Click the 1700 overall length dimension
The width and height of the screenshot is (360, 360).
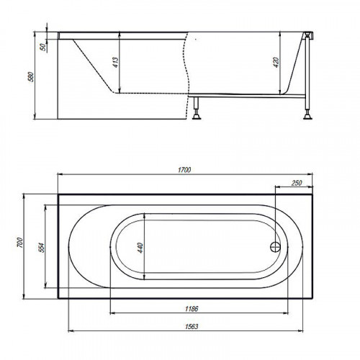coord(184,170)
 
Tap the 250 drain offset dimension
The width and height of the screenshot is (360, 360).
coord(297,183)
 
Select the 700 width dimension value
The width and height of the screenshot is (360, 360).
coord(19,243)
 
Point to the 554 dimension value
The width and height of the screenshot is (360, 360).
coord(42,248)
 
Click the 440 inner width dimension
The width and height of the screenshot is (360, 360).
coord(140,248)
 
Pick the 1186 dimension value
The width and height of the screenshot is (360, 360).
coord(192,309)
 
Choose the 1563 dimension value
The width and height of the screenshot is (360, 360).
coord(192,327)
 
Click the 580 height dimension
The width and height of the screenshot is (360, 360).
coord(32,77)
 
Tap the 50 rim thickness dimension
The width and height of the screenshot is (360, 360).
coord(43,47)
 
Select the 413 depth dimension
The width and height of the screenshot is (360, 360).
coord(115,63)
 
